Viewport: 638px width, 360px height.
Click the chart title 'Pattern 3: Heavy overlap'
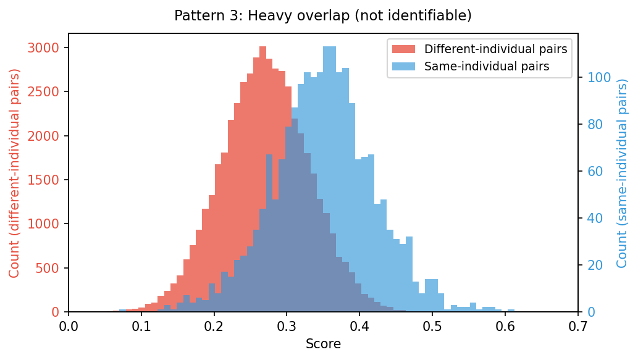(x=322, y=15)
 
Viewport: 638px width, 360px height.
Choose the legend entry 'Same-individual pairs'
(x=487, y=67)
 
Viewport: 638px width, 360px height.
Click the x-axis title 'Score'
(x=323, y=345)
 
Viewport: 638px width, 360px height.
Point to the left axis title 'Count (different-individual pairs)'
(x=14, y=173)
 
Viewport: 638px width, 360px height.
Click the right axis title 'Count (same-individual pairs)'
(x=622, y=173)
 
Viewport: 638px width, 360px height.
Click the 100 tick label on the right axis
(x=598, y=78)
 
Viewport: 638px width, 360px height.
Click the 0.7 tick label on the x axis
(x=578, y=326)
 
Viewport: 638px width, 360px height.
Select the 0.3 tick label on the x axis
(x=287, y=326)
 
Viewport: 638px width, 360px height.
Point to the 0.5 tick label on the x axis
(x=432, y=326)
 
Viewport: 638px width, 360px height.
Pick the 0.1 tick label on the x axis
(x=141, y=326)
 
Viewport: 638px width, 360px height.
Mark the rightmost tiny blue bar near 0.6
(x=511, y=311)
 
